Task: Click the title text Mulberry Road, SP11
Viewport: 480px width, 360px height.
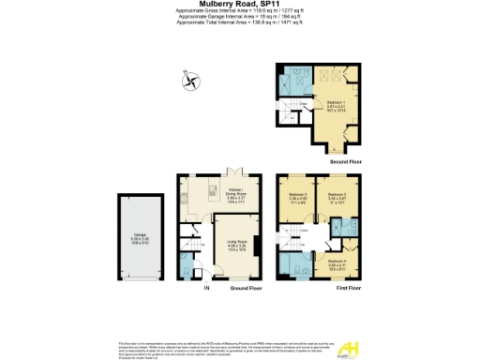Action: [x=239, y=4]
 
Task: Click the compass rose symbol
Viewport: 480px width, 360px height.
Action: [x=192, y=82]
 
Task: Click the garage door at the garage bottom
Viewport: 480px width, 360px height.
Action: [x=139, y=280]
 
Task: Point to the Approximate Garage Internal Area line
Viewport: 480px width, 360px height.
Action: [x=239, y=15]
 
